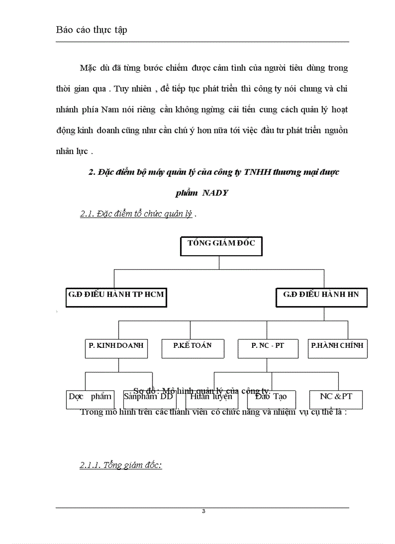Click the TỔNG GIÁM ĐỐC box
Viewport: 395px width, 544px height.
(221, 246)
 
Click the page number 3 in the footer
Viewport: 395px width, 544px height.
(203, 511)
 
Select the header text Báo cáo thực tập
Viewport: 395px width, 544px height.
(92, 30)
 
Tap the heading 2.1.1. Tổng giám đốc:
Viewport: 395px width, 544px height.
(121, 465)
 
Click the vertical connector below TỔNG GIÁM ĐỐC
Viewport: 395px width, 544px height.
(219, 262)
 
